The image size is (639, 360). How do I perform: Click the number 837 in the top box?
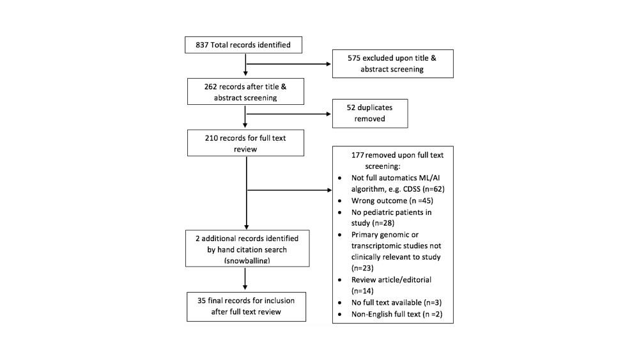(202, 45)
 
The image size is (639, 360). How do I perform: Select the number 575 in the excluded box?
(354, 58)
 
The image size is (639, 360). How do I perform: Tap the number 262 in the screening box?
(211, 86)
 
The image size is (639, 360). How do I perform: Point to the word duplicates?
(375, 107)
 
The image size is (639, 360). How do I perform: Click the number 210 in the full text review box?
(212, 138)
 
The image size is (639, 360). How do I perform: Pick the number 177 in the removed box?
(357, 155)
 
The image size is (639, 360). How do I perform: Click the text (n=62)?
(434, 189)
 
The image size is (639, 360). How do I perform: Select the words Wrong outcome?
(379, 201)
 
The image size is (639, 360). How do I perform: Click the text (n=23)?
(362, 269)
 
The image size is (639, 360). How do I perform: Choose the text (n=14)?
(362, 291)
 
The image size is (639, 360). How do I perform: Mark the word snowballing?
(247, 260)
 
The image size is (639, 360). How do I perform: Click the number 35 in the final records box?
(202, 301)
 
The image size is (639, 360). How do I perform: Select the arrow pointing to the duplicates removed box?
(289, 114)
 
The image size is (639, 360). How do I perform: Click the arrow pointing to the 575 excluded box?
(289, 64)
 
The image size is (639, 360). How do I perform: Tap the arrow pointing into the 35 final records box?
(245, 279)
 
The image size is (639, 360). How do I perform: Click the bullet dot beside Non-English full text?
(339, 315)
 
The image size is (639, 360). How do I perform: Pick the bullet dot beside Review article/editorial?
(339, 280)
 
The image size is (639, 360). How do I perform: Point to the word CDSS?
(412, 189)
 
